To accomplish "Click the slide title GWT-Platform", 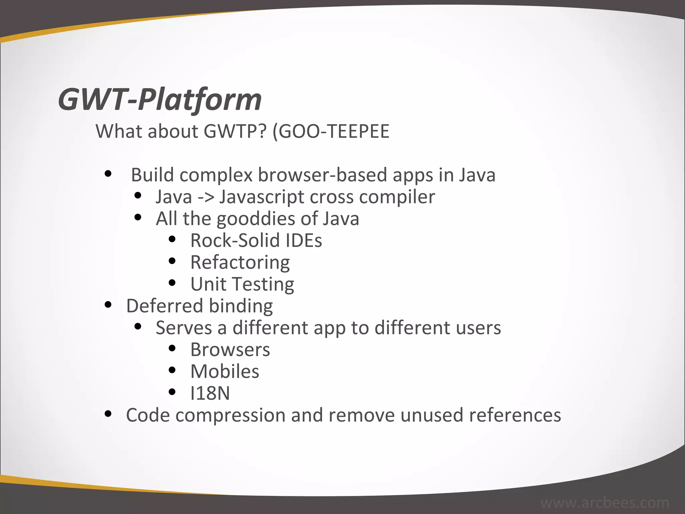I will (x=160, y=99).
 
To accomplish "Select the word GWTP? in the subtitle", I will (x=235, y=131).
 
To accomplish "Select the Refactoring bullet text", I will (x=240, y=262).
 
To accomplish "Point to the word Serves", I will (x=184, y=328).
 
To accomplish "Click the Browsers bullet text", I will (x=230, y=350).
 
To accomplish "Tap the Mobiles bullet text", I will (x=225, y=371).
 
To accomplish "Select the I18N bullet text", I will (x=210, y=393).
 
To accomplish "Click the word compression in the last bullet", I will (x=230, y=415).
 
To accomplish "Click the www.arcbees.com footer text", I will (x=605, y=503).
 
